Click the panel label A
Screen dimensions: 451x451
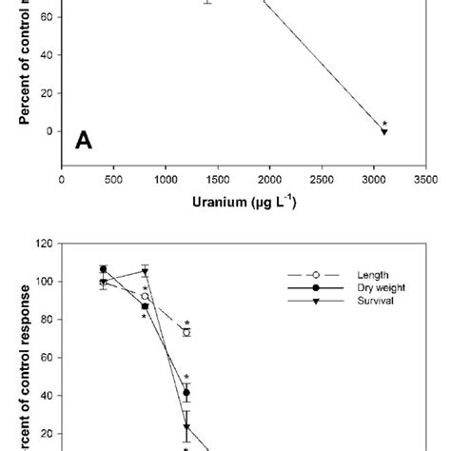tap(85, 142)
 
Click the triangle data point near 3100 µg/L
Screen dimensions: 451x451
tap(384, 131)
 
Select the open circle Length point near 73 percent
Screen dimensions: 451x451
tap(186, 333)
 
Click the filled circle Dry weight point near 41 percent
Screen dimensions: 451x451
tap(186, 392)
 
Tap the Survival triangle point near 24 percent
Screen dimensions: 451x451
tap(186, 425)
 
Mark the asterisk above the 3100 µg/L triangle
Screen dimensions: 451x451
tap(384, 123)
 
